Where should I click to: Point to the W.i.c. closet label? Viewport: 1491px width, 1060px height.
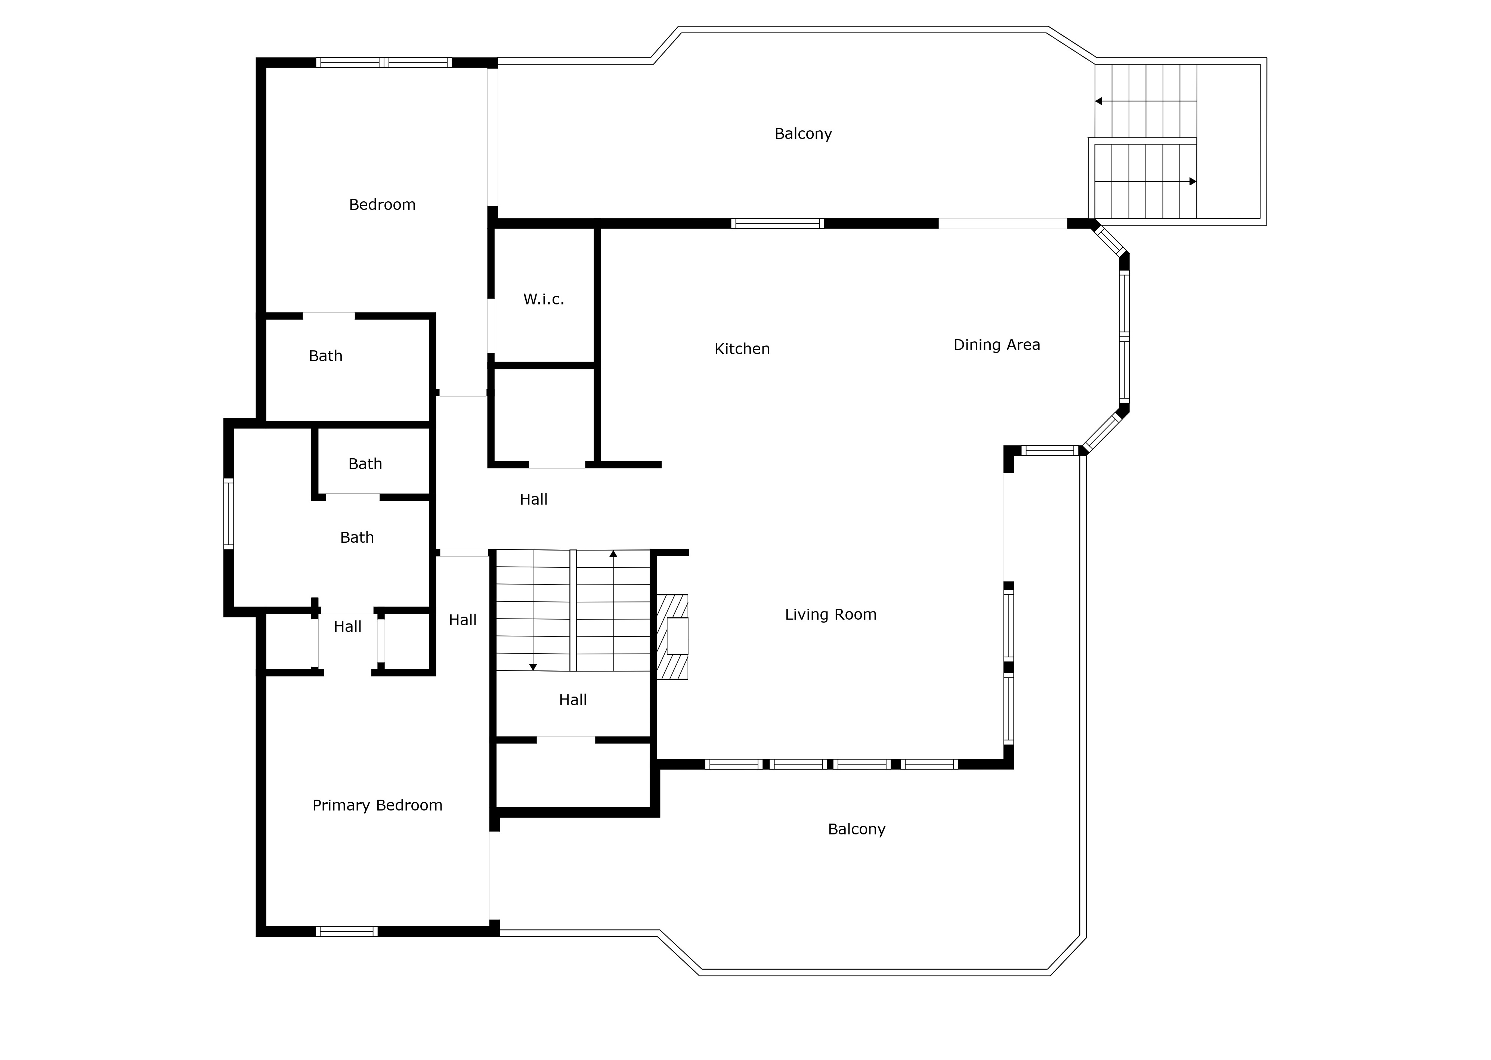click(543, 300)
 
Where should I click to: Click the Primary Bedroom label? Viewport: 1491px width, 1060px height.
click(377, 805)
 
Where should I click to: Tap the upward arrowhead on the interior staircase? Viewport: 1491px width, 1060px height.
click(613, 554)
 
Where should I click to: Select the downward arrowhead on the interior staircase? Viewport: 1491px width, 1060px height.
click(533, 667)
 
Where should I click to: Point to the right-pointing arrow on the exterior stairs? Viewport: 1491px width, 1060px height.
click(1193, 182)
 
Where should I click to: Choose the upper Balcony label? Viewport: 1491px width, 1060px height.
click(803, 134)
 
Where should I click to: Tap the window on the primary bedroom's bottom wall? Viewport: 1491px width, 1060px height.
click(347, 932)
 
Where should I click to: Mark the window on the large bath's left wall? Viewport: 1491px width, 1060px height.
click(229, 514)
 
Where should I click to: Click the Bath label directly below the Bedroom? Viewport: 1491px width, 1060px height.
click(325, 356)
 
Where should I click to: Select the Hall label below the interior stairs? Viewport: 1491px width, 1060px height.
click(572, 700)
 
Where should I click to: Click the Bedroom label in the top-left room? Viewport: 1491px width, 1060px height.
click(382, 205)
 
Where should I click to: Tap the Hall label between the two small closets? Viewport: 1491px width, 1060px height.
click(347, 627)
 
